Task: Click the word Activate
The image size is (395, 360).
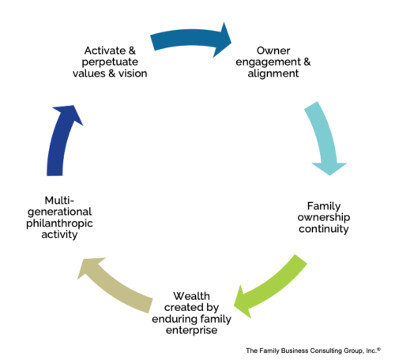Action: (x=105, y=51)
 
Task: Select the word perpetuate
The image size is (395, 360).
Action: (x=110, y=62)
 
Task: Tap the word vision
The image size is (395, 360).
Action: (x=133, y=73)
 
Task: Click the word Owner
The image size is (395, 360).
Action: (x=273, y=51)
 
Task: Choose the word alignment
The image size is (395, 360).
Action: (x=273, y=73)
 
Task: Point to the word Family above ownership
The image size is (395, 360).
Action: (x=324, y=206)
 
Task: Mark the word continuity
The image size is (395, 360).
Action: (x=324, y=229)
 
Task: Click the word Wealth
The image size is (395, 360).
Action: (x=191, y=296)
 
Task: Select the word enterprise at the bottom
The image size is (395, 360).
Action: (x=191, y=330)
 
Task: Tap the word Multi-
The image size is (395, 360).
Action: (x=59, y=201)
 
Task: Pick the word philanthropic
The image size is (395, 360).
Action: (x=59, y=223)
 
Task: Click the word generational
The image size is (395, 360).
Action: (x=59, y=212)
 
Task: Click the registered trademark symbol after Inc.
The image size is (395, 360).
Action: (x=378, y=349)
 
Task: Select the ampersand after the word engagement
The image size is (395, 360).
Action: (x=307, y=62)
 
